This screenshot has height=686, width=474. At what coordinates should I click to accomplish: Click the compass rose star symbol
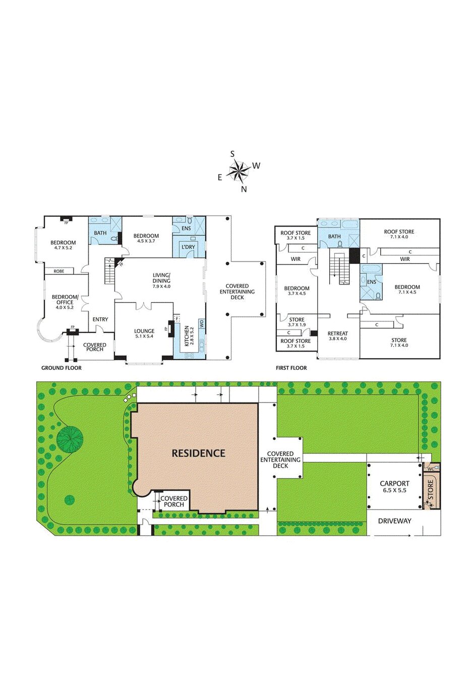(238, 171)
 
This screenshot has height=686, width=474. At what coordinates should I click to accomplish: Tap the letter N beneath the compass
(244, 189)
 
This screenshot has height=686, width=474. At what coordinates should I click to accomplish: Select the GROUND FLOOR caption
(61, 368)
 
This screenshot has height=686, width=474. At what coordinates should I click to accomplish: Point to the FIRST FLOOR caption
(291, 368)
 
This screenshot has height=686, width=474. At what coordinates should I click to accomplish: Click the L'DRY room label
(188, 247)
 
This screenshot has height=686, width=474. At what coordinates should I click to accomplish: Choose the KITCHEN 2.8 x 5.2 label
(189, 335)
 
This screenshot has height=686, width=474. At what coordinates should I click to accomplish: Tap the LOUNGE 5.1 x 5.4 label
(144, 333)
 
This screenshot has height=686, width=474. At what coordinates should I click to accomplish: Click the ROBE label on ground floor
(59, 271)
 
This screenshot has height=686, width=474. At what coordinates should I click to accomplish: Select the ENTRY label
(100, 319)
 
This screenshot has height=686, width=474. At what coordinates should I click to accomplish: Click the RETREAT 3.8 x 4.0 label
(337, 336)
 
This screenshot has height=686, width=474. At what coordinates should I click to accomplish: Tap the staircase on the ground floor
(109, 271)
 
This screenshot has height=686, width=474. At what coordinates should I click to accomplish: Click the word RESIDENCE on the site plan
(198, 453)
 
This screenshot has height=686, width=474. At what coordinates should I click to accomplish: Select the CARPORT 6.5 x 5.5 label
(394, 486)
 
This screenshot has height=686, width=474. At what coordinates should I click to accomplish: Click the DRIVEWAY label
(394, 521)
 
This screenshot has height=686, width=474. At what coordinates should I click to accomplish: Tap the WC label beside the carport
(431, 469)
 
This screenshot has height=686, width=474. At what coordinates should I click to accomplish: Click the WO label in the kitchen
(201, 323)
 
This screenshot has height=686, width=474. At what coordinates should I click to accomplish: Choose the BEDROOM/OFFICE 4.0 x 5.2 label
(65, 302)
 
